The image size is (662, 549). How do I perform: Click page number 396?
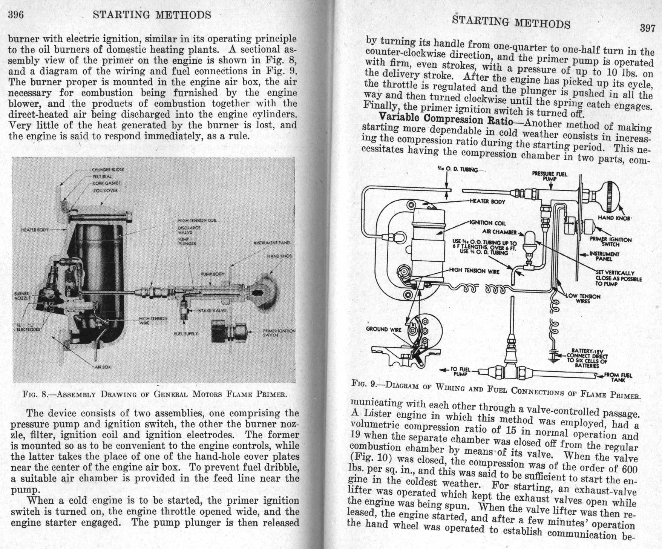click(16, 15)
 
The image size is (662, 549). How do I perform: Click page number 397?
click(647, 28)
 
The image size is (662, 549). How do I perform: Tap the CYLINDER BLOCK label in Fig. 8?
click(108, 170)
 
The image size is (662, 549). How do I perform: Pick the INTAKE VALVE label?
click(212, 311)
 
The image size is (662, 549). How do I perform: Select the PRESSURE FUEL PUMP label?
click(549, 176)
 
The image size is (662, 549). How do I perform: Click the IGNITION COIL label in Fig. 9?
click(487, 223)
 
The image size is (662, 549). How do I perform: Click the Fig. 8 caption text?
click(155, 394)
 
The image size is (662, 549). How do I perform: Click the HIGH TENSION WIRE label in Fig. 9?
click(474, 271)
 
